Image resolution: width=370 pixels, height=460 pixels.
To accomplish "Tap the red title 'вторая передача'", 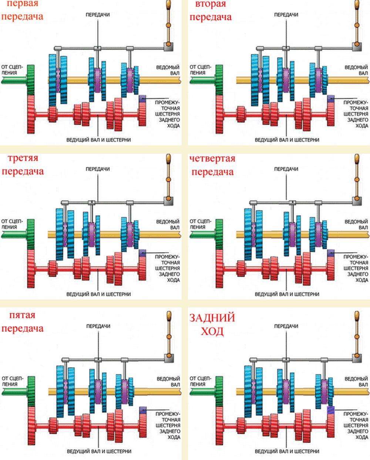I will [211, 10].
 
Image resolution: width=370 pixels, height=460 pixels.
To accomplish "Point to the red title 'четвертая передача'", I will [212, 165].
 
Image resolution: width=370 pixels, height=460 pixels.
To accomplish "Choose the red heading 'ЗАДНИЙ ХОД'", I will [212, 324].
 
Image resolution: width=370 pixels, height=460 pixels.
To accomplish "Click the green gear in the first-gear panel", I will [31, 80].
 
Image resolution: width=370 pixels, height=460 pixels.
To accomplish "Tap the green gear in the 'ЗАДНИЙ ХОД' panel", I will [219, 391].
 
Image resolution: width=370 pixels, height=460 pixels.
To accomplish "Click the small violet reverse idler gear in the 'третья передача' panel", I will [142, 253].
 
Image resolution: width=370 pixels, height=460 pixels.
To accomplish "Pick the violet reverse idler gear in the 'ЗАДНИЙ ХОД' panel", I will [331, 410].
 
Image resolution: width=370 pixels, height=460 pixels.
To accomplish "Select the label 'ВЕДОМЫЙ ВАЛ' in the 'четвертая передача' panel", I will [356, 224].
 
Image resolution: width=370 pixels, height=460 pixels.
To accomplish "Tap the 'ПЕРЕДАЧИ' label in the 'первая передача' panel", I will [98, 15].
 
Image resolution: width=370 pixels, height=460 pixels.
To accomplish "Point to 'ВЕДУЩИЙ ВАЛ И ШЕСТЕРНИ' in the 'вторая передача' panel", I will [287, 140].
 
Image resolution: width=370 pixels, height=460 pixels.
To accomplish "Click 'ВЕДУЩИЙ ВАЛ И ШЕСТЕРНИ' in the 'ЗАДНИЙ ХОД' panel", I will [287, 451].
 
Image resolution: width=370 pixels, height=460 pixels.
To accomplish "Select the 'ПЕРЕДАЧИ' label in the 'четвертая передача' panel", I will [286, 169].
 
